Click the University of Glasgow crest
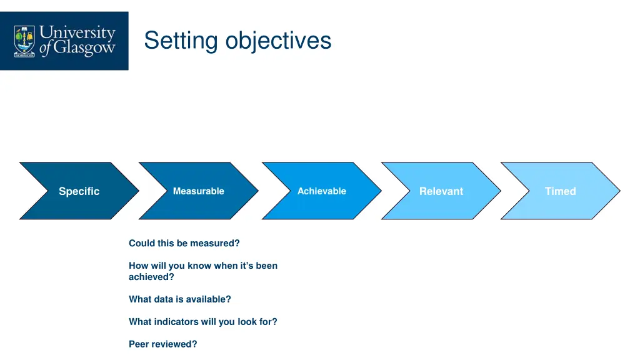coord(25,41)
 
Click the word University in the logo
coord(77,32)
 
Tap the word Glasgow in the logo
coord(84,48)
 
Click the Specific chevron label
coord(79,191)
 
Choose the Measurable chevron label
coord(198,191)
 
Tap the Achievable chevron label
coord(321,191)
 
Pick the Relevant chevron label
coord(441,191)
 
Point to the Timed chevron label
coord(560,191)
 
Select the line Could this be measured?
coord(184,243)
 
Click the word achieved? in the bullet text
coord(151,277)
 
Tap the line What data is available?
coord(179,299)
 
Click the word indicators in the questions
coord(177,322)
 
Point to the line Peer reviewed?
coord(162,344)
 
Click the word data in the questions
coord(164,299)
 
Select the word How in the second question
coord(138,266)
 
